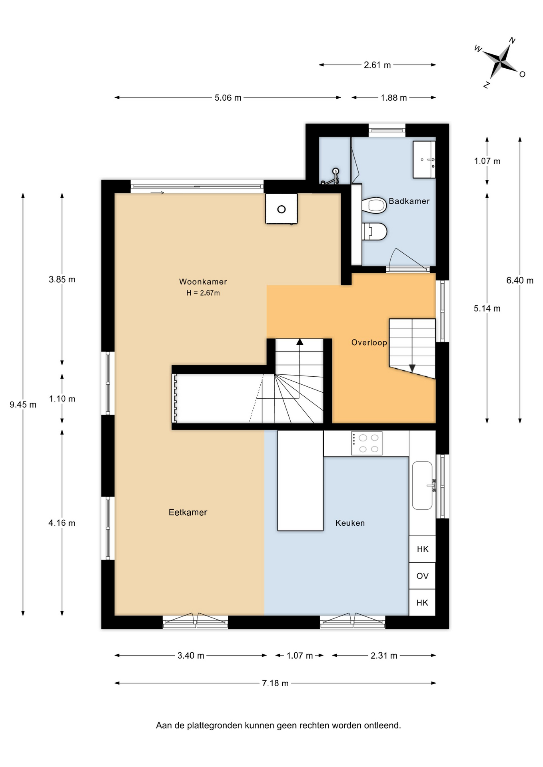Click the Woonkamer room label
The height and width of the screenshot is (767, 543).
click(203, 282)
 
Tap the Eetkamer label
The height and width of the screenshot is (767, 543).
click(188, 513)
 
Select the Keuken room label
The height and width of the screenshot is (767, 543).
click(350, 523)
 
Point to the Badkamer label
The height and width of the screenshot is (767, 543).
click(409, 201)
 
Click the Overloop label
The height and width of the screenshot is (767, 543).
click(369, 342)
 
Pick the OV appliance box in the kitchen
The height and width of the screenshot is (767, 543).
click(422, 576)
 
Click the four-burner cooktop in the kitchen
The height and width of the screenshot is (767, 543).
click(367, 443)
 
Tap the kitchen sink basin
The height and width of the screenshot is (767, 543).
click(422, 485)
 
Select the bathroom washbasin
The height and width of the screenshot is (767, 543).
click(424, 159)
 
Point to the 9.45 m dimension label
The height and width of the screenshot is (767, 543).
click(23, 405)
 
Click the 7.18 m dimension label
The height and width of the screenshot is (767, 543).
click(275, 683)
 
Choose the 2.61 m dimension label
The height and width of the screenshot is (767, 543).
click(377, 65)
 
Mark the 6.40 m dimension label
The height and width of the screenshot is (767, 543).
click(520, 280)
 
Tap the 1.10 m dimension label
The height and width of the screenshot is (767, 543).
click(62, 399)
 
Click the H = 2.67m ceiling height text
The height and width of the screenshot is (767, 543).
click(203, 293)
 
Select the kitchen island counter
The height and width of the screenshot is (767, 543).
click(300, 481)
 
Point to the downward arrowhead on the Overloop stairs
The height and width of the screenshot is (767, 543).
click(412, 368)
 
